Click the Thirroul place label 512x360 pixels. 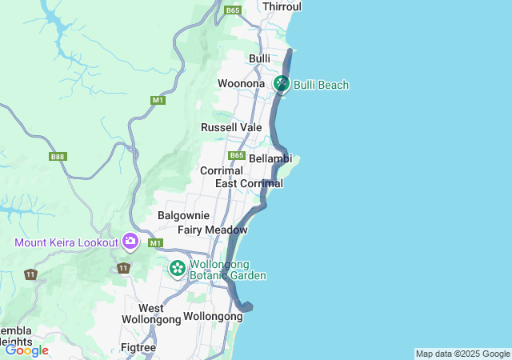click(283, 6)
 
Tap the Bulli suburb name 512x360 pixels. click(259, 59)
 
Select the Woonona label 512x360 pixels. click(241, 84)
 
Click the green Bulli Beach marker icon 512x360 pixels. click(282, 83)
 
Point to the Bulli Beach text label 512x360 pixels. click(321, 85)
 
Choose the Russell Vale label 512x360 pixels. click(231, 127)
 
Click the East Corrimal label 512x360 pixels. click(249, 184)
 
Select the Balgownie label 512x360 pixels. click(183, 215)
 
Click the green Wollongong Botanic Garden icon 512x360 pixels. click(177, 269)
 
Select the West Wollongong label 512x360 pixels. click(151, 314)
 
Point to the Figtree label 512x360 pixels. click(138, 347)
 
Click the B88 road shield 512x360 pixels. click(57, 157)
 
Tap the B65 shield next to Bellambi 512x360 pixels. click(236, 155)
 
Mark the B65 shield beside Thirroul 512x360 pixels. click(233, 10)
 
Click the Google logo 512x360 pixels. click(26, 350)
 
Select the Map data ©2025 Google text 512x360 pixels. click(462, 354)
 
